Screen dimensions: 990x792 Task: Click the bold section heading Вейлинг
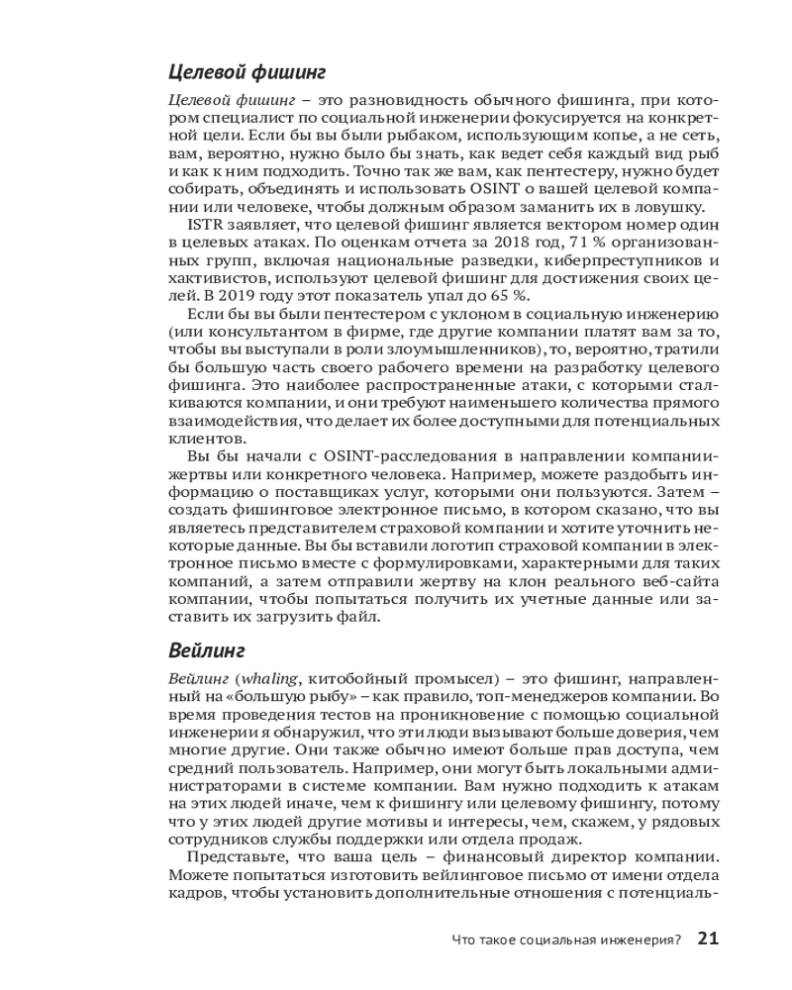coord(206,650)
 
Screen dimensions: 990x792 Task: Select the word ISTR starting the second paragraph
coord(204,226)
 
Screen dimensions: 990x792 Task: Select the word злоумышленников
coord(470,350)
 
